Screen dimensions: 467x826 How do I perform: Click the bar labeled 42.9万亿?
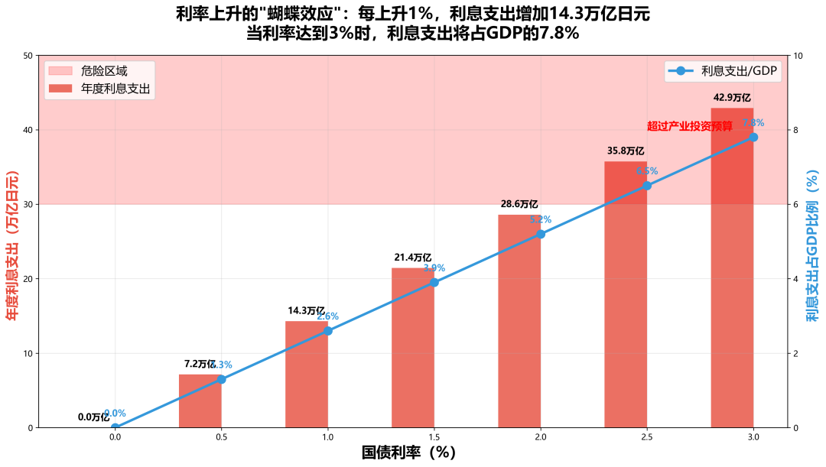pos(732,268)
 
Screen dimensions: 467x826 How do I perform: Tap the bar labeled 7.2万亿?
pos(200,401)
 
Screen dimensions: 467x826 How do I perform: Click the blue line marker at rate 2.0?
pos(541,234)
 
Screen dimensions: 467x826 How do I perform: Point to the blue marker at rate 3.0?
pos(753,138)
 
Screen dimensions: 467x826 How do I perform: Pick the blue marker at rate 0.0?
pos(115,427)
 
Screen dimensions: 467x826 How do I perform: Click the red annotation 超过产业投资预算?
pos(689,126)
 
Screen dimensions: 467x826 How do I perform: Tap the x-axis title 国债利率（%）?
pos(408,452)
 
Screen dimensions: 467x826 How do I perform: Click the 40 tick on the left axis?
pos(28,130)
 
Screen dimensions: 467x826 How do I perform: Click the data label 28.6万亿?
pos(519,204)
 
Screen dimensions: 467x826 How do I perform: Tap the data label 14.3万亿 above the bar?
pos(307,311)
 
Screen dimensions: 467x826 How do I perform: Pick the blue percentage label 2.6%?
pos(327,316)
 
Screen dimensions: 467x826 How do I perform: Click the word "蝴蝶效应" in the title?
pos(298,14)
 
